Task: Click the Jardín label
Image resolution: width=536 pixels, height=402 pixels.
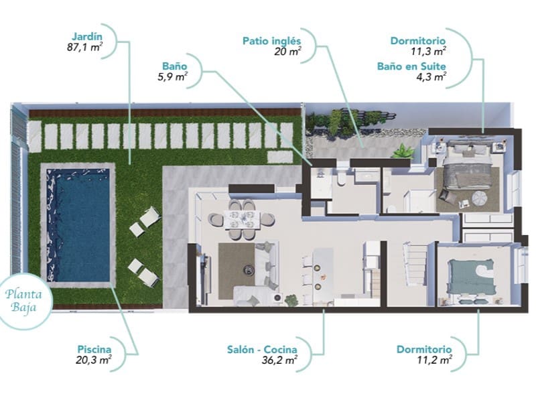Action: [87, 37]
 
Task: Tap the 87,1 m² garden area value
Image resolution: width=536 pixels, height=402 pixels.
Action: [85, 47]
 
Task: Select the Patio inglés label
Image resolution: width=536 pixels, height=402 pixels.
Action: [272, 41]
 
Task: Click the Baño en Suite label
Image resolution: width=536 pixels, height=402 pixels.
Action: [411, 66]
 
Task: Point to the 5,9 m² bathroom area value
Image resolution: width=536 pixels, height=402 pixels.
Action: [172, 76]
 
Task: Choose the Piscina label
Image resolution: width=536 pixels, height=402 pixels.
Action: [94, 349]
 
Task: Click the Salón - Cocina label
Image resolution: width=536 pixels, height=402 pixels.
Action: [262, 350]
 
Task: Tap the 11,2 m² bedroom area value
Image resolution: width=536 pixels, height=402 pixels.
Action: [435, 360]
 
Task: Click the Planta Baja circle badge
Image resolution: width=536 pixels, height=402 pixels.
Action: [24, 300]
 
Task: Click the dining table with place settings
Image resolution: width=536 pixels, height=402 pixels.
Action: [242, 220]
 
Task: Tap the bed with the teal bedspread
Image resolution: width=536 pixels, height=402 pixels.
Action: [472, 276]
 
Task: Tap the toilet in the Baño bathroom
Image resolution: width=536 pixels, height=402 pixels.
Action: [342, 178]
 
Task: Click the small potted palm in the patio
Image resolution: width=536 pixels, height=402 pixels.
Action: [403, 151]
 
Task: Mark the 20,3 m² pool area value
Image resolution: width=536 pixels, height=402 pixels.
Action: [94, 360]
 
